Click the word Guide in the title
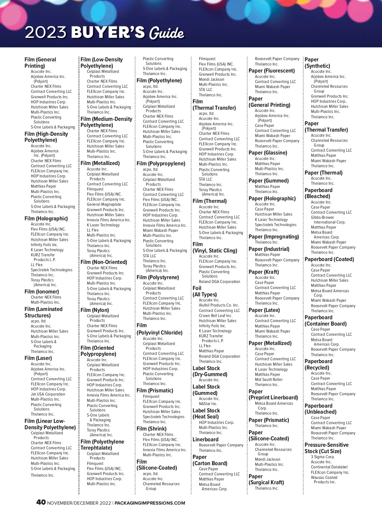166,33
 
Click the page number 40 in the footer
41,502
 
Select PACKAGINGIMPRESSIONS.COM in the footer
150,503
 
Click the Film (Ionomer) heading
42,292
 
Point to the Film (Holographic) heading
46,218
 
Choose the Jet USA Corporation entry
48,394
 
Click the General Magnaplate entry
104,204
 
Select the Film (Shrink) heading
152,429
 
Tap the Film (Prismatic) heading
155,390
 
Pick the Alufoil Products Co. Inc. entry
219,305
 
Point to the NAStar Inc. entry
208,404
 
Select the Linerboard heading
205,439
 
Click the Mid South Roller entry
269,380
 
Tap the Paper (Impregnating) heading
274,237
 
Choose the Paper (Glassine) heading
268,153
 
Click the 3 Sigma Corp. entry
322,457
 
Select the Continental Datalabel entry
329,467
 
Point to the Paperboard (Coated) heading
329,259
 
